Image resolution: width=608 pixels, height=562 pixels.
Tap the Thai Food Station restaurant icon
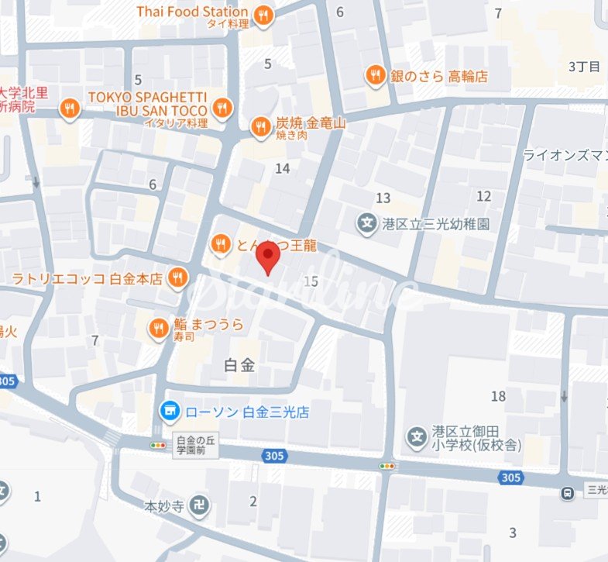[264, 15]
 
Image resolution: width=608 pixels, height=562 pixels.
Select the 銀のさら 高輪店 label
[438, 76]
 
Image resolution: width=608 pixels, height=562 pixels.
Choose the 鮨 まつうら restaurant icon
[160, 328]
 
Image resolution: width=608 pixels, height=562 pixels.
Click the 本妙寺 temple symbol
[200, 505]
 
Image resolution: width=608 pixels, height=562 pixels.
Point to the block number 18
[498, 396]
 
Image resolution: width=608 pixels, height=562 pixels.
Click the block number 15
[311, 281]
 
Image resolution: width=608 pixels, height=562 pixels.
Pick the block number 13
[383, 198]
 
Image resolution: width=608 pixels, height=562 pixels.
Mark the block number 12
[484, 196]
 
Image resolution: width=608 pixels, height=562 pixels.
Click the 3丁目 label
[584, 66]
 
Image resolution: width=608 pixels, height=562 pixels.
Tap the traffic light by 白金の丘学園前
[159, 446]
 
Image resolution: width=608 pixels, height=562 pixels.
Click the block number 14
[283, 168]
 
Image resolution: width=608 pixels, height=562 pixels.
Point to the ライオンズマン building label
[565, 155]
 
